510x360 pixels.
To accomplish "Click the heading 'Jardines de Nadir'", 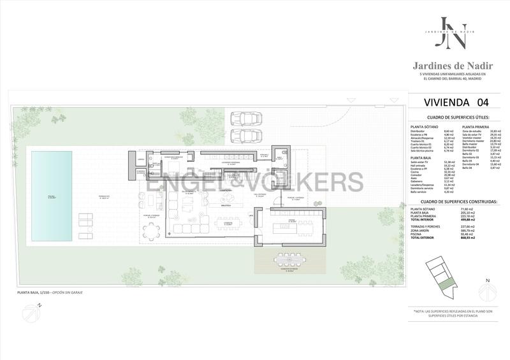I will pos(452,65).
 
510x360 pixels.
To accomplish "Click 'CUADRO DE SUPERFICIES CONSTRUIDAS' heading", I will pos(453,201).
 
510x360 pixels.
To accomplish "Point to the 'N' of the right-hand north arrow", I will pos(487,279).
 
